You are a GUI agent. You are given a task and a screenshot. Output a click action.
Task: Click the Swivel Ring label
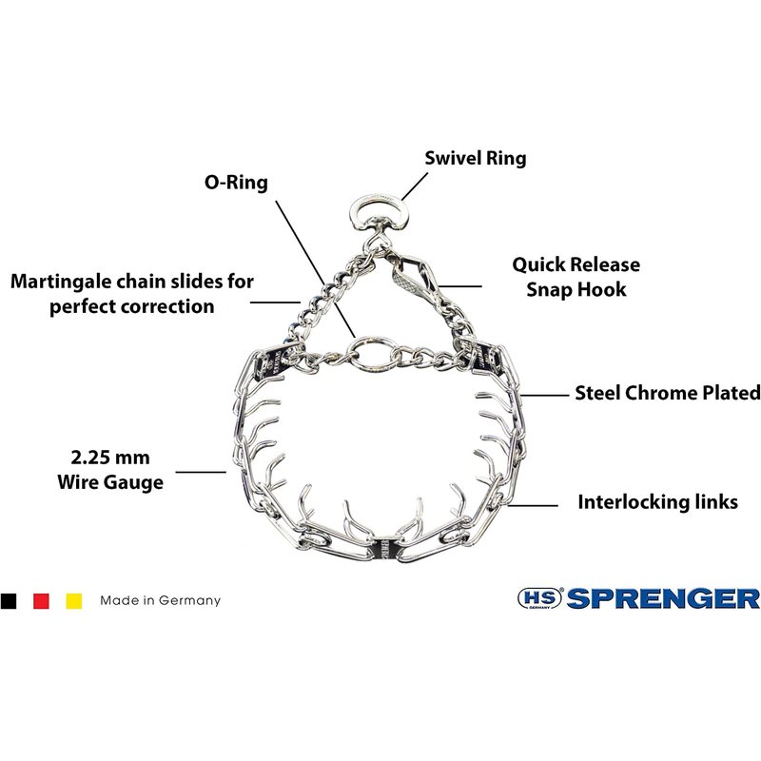coord(475,158)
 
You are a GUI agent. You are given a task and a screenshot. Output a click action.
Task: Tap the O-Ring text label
coord(236,183)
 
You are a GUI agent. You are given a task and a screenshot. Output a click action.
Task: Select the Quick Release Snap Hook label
coord(576,277)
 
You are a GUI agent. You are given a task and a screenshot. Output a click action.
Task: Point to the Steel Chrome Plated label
coord(668,393)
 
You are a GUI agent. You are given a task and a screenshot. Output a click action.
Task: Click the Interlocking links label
coord(657,502)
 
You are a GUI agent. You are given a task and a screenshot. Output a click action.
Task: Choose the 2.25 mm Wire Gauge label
coord(110,470)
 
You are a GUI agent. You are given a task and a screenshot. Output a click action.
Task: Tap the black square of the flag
coord(9,601)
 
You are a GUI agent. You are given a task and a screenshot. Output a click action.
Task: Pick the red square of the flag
coord(41,601)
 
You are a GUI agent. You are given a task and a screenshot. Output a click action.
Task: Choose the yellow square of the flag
coord(74,601)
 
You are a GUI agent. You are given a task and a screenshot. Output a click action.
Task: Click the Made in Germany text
coord(160,600)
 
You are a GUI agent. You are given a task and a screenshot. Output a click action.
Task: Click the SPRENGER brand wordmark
coord(663,598)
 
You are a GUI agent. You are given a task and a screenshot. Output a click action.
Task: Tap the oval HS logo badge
coord(539,598)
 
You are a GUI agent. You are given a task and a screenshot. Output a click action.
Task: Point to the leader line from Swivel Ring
coord(415,186)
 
